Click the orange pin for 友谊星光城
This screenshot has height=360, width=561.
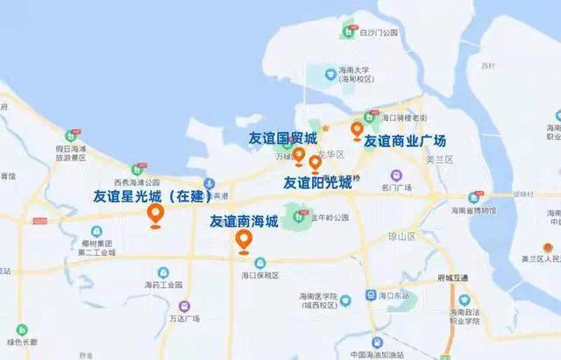156,214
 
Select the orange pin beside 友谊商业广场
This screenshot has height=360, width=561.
357,131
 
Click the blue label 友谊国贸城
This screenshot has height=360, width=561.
282,137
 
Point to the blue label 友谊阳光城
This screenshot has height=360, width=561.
316,182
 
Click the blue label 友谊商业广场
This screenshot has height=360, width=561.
405,140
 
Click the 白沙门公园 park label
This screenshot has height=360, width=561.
379,32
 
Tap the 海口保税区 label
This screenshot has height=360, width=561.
259,275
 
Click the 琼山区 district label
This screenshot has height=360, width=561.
401,236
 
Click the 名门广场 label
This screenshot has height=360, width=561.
397,187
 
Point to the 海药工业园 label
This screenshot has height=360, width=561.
163,285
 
